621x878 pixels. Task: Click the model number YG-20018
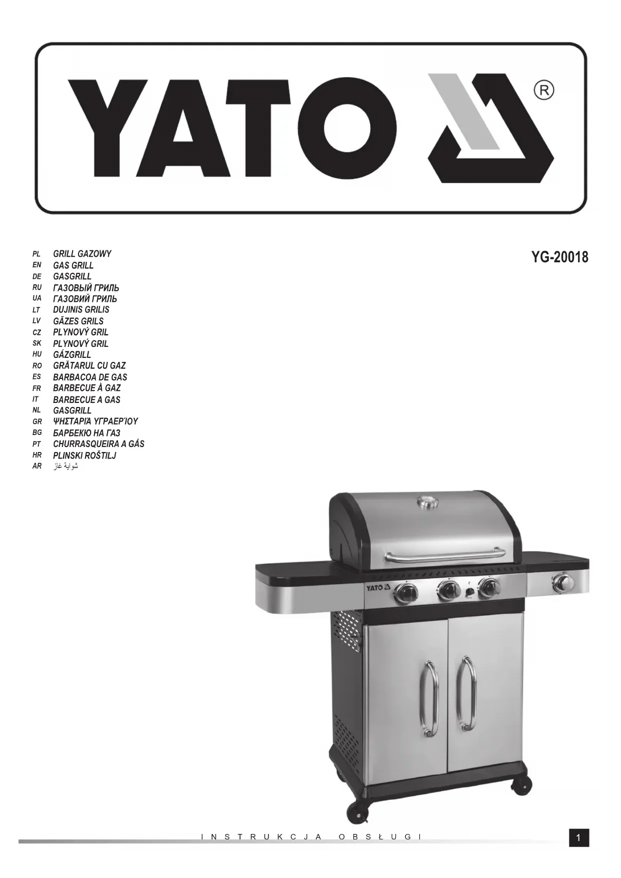(560, 257)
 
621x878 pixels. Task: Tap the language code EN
(37, 265)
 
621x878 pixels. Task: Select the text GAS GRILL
(74, 265)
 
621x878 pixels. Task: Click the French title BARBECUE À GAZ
(87, 387)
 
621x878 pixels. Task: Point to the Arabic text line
(66, 466)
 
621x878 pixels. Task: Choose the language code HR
(37, 455)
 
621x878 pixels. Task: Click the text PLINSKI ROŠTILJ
(85, 455)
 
